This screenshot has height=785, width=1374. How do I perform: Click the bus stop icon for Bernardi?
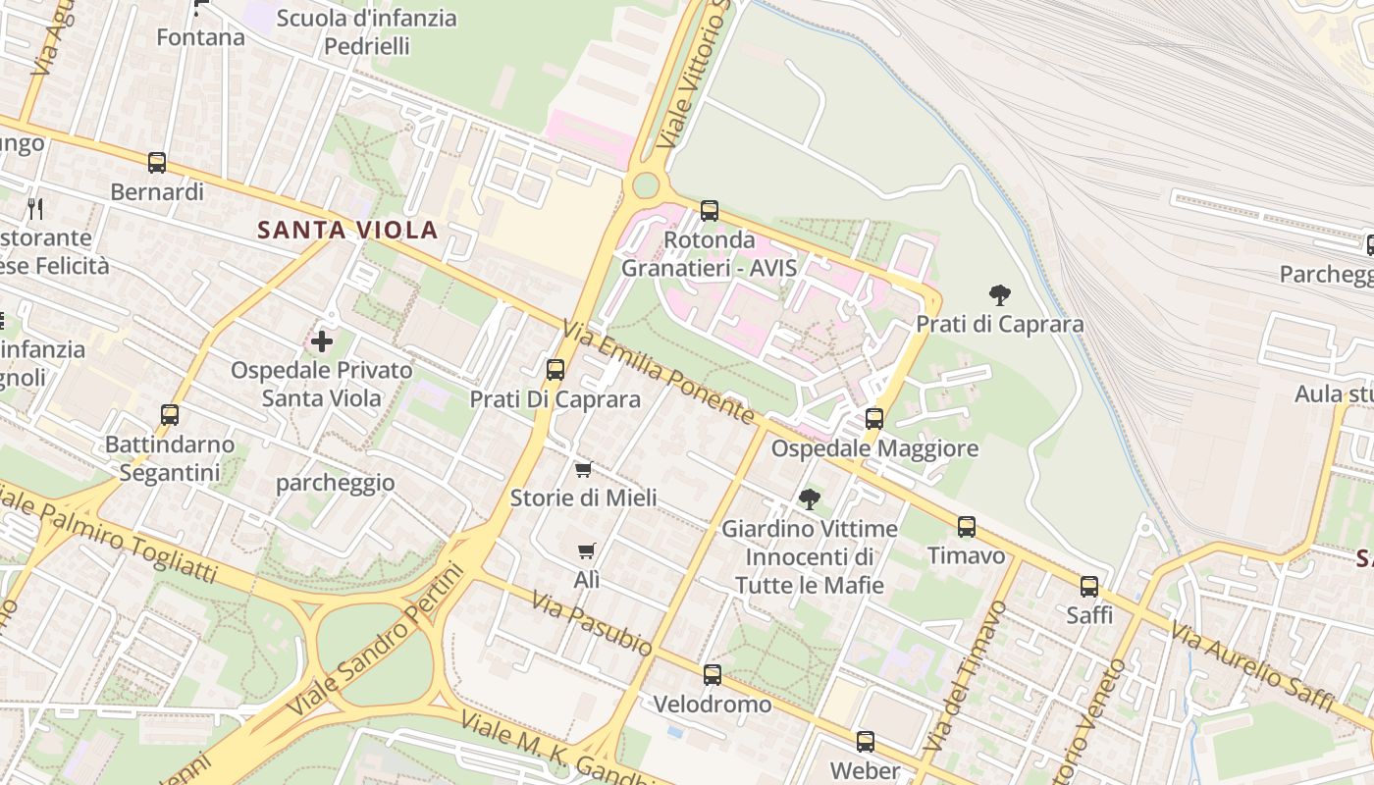pyautogui.click(x=157, y=163)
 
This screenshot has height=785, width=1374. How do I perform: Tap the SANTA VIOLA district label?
pyautogui.click(x=346, y=231)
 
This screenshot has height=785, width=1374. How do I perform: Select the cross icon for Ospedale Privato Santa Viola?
pyautogui.click(x=322, y=341)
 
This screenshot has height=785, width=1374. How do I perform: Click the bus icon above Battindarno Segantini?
pyautogui.click(x=170, y=415)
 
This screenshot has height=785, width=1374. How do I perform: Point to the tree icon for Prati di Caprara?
pyautogui.click(x=999, y=294)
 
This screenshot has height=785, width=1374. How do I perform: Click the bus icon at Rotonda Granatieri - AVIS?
pyautogui.click(x=709, y=211)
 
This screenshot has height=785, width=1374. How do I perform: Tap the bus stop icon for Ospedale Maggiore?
pyautogui.click(x=873, y=419)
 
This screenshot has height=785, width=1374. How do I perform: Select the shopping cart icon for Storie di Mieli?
pyautogui.click(x=583, y=470)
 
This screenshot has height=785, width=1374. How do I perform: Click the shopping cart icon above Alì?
pyautogui.click(x=586, y=551)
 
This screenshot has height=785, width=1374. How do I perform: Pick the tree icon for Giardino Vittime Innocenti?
pyautogui.click(x=809, y=499)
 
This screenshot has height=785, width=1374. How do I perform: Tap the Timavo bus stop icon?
pyautogui.click(x=967, y=527)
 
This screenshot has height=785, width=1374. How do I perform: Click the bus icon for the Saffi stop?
pyautogui.click(x=1089, y=587)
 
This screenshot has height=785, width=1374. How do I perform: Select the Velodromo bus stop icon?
pyautogui.click(x=713, y=675)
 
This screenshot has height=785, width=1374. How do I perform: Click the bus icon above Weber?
pyautogui.click(x=865, y=742)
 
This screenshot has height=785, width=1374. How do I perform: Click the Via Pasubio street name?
pyautogui.click(x=592, y=624)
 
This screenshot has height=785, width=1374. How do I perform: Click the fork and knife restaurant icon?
pyautogui.click(x=35, y=208)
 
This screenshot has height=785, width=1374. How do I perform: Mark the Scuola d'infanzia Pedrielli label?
pyautogui.click(x=366, y=31)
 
